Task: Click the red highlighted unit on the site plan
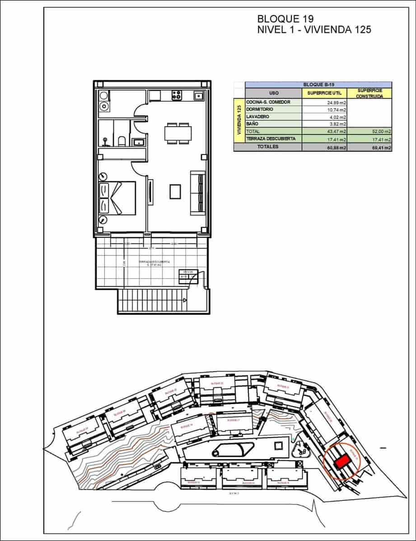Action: tap(343, 461)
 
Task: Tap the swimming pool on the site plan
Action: tap(232, 449)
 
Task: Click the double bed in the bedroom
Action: tap(117, 197)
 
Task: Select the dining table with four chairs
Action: tap(178, 133)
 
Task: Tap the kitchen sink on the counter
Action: tap(198, 96)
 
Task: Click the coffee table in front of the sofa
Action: tap(175, 192)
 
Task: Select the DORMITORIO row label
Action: tap(260, 109)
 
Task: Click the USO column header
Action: tap(273, 93)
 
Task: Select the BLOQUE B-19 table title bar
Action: tap(318, 84)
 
